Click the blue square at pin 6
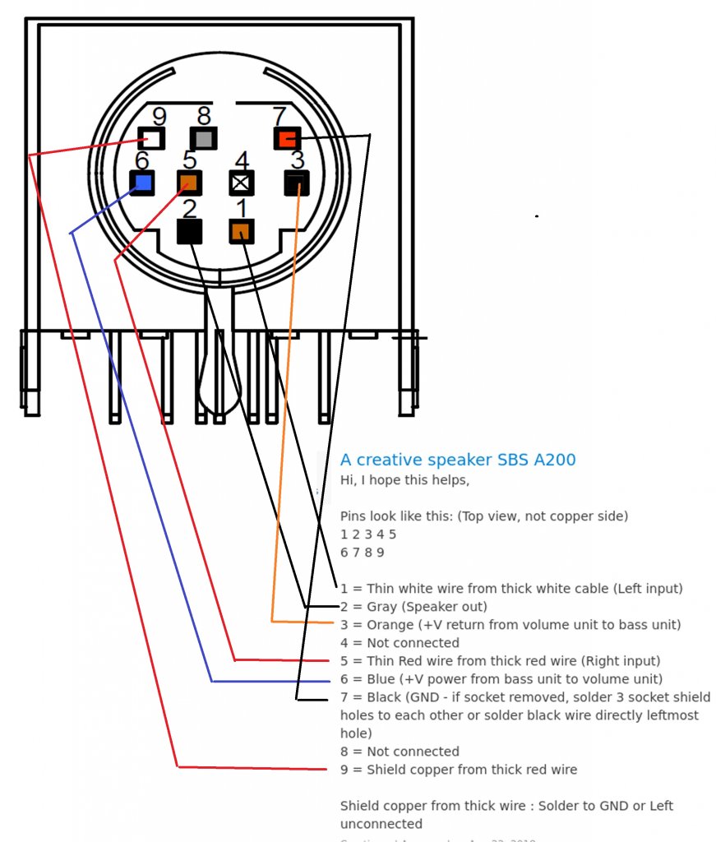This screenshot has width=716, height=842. click(x=142, y=182)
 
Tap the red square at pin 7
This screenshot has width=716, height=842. click(x=287, y=139)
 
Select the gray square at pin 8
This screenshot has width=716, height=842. click(x=202, y=138)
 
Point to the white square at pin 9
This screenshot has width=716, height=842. click(x=151, y=138)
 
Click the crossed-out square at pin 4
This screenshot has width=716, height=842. click(x=242, y=183)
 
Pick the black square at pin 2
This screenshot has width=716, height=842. click(x=190, y=231)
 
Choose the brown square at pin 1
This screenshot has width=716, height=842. click(x=241, y=232)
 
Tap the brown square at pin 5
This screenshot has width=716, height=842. click(x=189, y=182)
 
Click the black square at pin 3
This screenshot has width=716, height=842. click(x=297, y=183)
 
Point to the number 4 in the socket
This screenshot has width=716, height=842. click(x=242, y=160)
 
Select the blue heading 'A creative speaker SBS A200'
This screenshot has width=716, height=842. click(x=458, y=460)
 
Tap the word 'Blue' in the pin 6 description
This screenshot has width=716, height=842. click(x=381, y=679)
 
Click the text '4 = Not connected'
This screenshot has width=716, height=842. click(x=400, y=643)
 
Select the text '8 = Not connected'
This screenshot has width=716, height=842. click(x=400, y=752)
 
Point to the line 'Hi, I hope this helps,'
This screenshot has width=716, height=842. click(x=404, y=480)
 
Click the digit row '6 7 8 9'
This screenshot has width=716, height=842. click(x=362, y=553)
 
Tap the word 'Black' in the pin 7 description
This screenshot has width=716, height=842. click(x=384, y=697)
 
